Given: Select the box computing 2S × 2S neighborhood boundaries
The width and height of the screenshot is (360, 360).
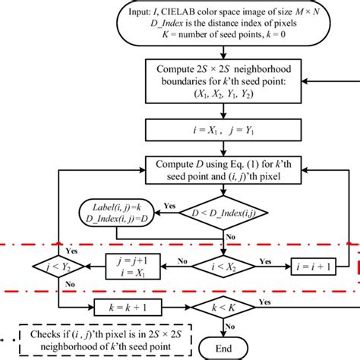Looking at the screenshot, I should (x=225, y=84).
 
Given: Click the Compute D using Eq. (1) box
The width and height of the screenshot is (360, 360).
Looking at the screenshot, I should (x=225, y=171).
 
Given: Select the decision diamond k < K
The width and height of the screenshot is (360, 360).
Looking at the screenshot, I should (x=225, y=307).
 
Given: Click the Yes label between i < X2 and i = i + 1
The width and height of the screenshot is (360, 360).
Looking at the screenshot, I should (x=265, y=260).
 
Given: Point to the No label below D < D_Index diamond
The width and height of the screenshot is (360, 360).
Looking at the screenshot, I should (x=235, y=235).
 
